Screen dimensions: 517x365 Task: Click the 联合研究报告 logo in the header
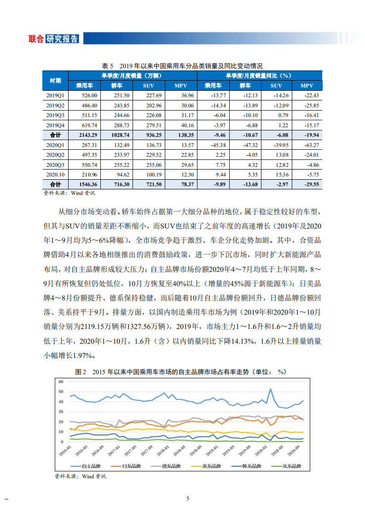pyautogui.click(x=53, y=39)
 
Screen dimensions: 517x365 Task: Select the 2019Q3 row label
pyautogui.click(x=55, y=115)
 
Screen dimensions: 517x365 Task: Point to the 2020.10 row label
pyautogui.click(x=55, y=175)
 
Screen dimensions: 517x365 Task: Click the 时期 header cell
pyautogui.click(x=55, y=80)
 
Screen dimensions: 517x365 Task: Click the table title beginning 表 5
pyautogui.click(x=182, y=65)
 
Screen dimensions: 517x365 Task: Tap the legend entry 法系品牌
pyautogui.click(x=290, y=466)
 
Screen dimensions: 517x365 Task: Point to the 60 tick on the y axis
pyautogui.click(x=60, y=382)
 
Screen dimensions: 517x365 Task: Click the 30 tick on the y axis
pyautogui.click(x=60, y=411)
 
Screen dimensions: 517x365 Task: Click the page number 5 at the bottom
pyautogui.click(x=187, y=499)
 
